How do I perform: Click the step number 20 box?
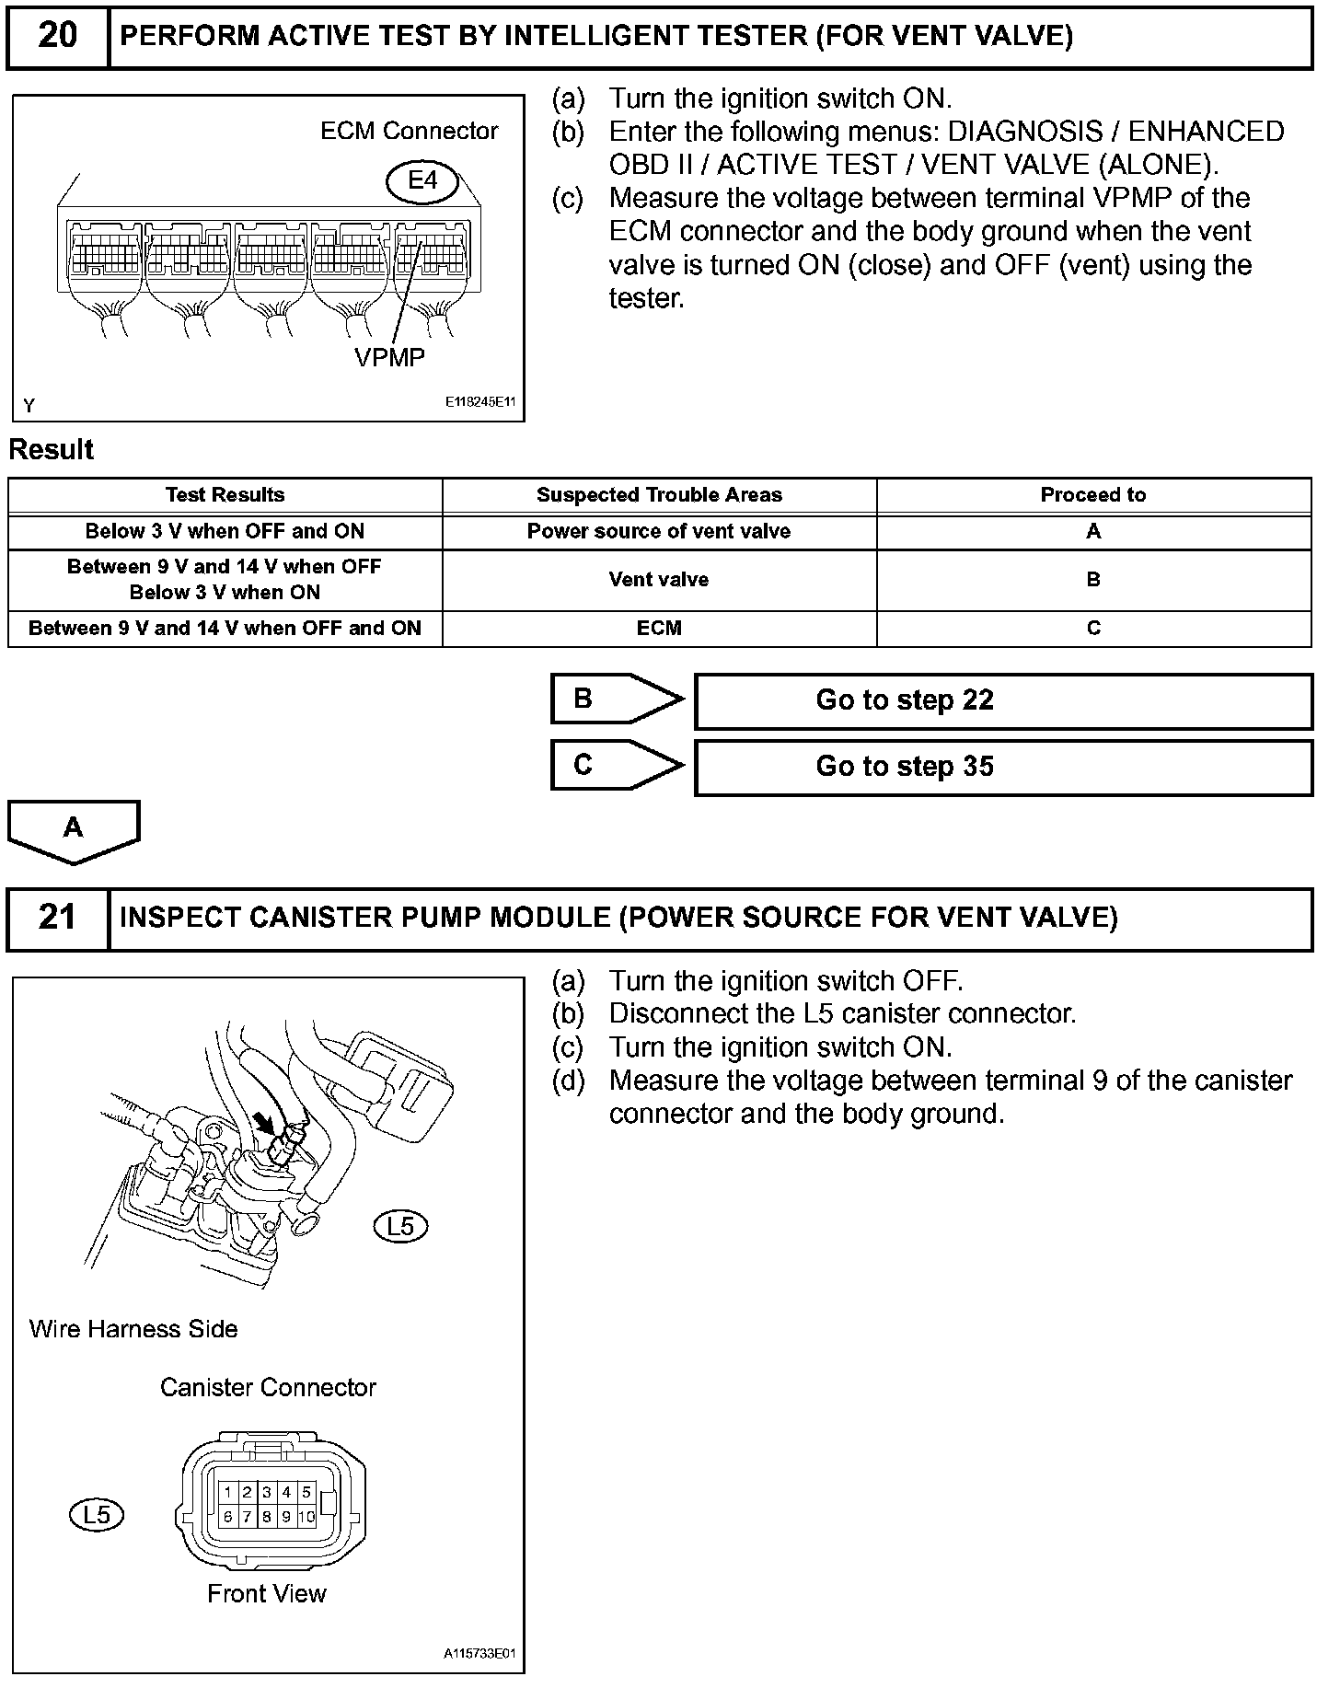(57, 37)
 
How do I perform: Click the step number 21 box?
(57, 918)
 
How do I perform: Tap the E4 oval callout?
(422, 181)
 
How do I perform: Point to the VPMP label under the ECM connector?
(389, 357)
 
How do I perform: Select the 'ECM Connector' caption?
(409, 131)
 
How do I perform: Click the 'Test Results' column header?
(225, 495)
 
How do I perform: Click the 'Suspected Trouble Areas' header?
(659, 495)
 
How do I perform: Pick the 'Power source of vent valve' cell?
(659, 532)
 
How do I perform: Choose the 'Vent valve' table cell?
(659, 580)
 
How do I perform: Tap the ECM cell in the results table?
(659, 629)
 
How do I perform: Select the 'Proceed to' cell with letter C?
(1093, 629)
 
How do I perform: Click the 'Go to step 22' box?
(1003, 701)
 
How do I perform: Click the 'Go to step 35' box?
(1003, 768)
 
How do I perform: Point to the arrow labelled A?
(74, 830)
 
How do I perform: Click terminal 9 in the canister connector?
(286, 1517)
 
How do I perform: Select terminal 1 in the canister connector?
(227, 1492)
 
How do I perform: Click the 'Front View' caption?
(267, 1594)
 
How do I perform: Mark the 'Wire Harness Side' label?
(133, 1329)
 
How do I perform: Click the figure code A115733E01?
(479, 1653)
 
